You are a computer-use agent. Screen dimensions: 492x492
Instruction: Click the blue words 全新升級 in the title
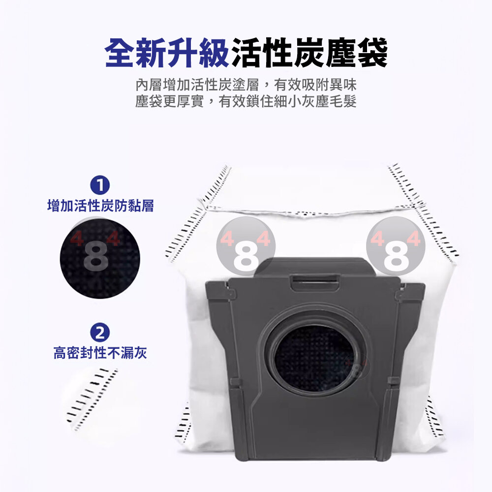tap(167, 53)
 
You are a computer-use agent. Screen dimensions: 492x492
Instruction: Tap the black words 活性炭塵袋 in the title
tap(309, 53)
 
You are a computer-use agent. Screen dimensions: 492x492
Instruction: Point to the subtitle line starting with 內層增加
tap(246, 85)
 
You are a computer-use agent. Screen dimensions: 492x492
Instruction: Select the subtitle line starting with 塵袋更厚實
tap(246, 101)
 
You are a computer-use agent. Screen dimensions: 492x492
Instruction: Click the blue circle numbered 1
tap(100, 185)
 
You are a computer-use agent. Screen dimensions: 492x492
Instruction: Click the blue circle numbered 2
tap(100, 333)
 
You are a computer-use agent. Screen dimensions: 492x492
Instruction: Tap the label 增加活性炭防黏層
tap(100, 206)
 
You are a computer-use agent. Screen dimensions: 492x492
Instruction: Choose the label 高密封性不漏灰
tap(100, 353)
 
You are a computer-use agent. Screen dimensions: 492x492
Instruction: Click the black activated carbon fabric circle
tap(100, 259)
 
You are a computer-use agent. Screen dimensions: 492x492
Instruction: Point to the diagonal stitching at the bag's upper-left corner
tap(198, 214)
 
